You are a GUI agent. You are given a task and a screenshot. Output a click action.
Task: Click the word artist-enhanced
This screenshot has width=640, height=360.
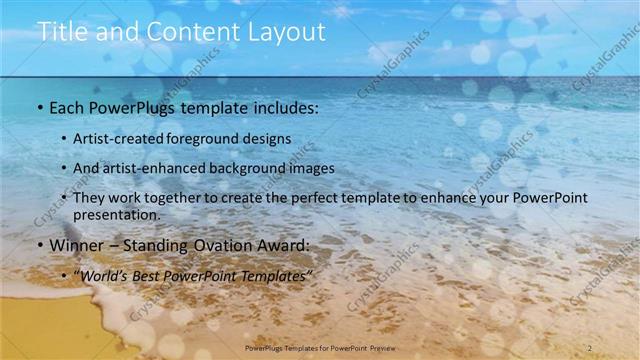[x=157, y=168]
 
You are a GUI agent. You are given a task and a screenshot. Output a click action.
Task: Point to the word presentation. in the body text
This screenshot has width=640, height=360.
[x=116, y=214]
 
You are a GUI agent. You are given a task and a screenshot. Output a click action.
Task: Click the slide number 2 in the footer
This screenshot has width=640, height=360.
[x=591, y=347]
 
